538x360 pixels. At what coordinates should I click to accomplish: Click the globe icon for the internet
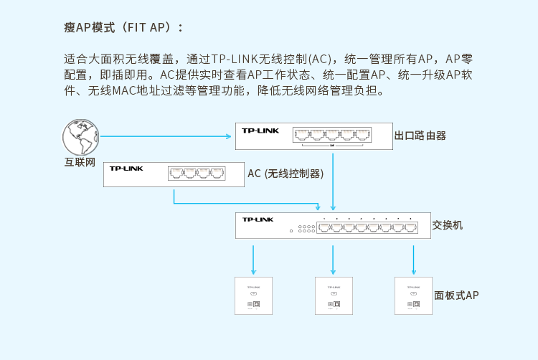coord(80,137)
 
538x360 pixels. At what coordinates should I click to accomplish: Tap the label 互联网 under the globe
coord(80,162)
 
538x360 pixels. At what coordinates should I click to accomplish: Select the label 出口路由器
coord(420,136)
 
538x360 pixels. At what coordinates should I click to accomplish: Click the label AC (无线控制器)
coord(285,174)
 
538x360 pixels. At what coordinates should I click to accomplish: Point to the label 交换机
coord(448,225)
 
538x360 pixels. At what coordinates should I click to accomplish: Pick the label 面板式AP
coord(456,295)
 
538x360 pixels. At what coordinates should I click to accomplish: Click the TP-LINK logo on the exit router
coord(260,131)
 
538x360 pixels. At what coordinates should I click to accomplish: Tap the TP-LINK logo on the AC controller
coord(126,169)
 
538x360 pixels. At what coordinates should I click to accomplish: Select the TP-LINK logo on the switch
coord(258,219)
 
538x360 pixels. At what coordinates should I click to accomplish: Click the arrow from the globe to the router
coord(166,136)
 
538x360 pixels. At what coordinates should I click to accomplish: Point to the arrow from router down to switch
coord(333,182)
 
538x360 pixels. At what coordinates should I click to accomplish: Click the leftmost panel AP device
coord(253,296)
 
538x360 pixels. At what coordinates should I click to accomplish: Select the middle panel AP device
coord(334,296)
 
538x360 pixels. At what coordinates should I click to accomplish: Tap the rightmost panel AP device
coord(413,296)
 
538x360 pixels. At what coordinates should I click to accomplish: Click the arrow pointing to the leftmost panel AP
coord(253,260)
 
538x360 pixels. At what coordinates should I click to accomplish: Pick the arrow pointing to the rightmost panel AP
coord(413,260)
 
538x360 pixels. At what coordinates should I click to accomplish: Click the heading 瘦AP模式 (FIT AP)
coord(123,27)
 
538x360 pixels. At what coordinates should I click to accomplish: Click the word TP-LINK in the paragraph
coord(235,59)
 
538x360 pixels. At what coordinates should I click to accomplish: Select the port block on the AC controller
coord(197,174)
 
